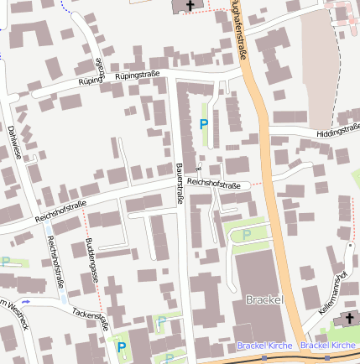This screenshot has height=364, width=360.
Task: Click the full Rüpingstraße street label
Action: (131, 75)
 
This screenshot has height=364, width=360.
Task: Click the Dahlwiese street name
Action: (13, 142)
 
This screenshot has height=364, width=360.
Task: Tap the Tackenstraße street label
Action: (90, 316)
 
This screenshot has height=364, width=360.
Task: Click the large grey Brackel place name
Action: (265, 299)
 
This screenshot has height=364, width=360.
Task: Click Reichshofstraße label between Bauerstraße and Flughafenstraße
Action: (214, 184)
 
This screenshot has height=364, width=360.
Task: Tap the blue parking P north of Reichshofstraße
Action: (203, 124)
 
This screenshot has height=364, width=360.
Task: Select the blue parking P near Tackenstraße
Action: (122, 346)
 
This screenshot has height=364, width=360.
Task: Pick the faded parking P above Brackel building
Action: (246, 236)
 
